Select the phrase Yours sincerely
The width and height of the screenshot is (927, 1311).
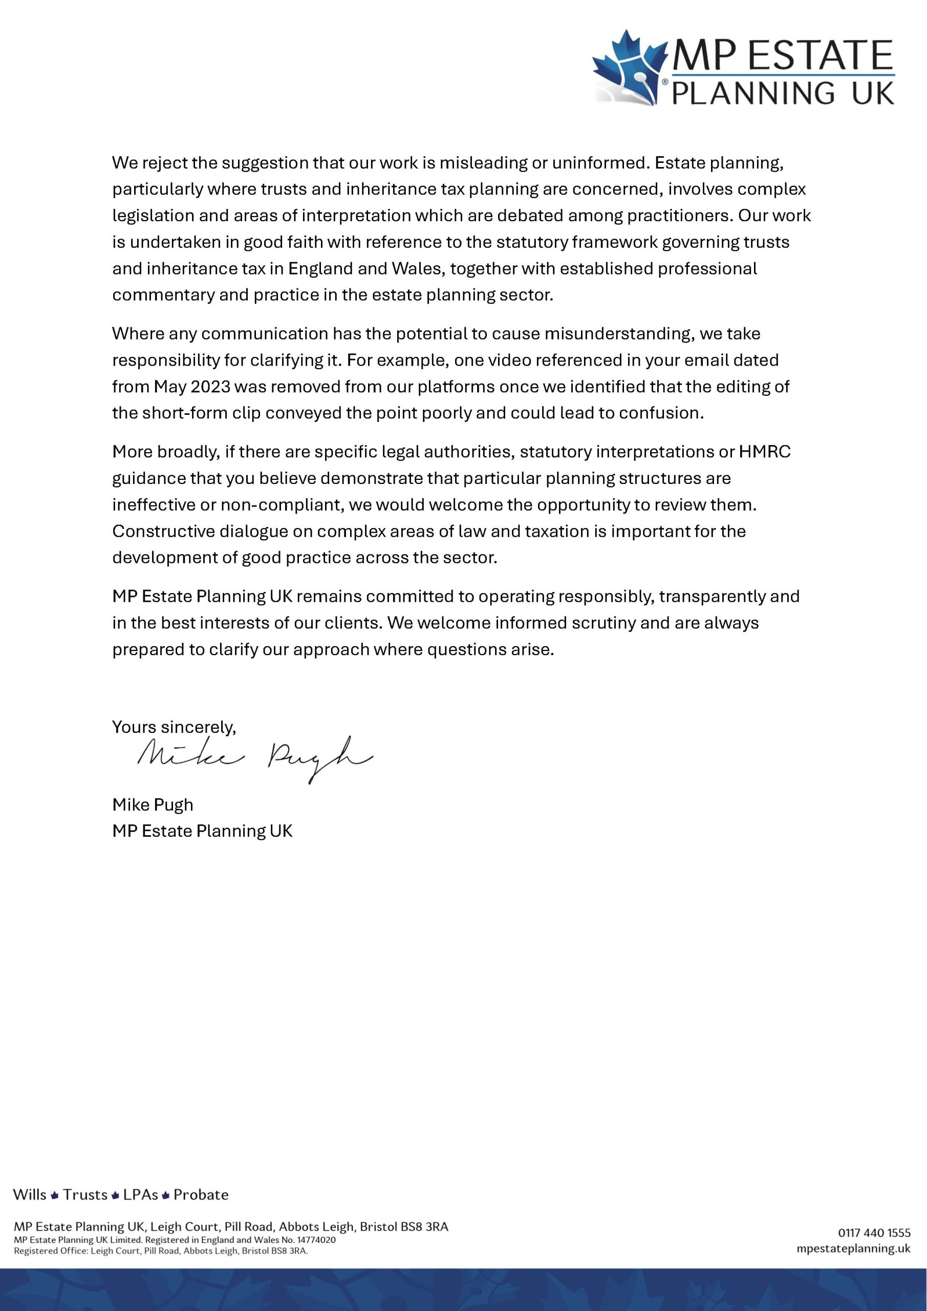(174, 727)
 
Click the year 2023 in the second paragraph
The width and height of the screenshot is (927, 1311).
(210, 387)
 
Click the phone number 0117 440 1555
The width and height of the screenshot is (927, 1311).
(874, 1233)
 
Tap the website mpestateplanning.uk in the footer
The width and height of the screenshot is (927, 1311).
(853, 1248)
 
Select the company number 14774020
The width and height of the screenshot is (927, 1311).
(316, 1240)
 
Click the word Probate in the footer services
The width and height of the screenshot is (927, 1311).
(201, 1195)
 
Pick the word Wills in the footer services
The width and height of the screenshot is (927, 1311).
(30, 1195)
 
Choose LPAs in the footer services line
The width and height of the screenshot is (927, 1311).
(140, 1195)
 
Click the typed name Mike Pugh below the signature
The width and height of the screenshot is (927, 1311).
(153, 805)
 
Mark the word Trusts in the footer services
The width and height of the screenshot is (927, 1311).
(85, 1195)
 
